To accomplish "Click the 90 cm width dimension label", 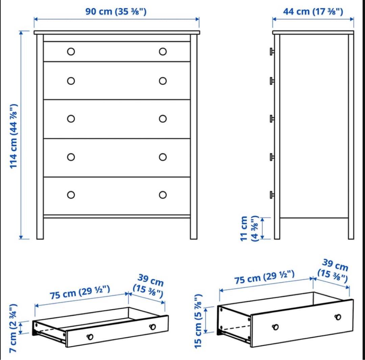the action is click(116, 11).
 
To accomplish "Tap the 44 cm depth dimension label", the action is click(313, 11).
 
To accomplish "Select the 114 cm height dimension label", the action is click(14, 136).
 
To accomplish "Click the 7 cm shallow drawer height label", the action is click(13, 328).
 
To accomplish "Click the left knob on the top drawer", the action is click(71, 51).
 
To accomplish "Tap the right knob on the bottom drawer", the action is click(163, 195).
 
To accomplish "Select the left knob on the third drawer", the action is click(71, 119).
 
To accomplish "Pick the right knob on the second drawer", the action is click(163, 81).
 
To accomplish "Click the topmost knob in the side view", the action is click(272, 51).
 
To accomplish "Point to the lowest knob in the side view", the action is click(272, 195).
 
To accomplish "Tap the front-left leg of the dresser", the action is click(40, 228).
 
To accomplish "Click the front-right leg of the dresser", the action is click(193, 228).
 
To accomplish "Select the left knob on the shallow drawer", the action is click(90, 337).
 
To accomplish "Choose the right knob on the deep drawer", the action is click(338, 317).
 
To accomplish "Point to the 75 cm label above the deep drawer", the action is click(264, 277).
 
